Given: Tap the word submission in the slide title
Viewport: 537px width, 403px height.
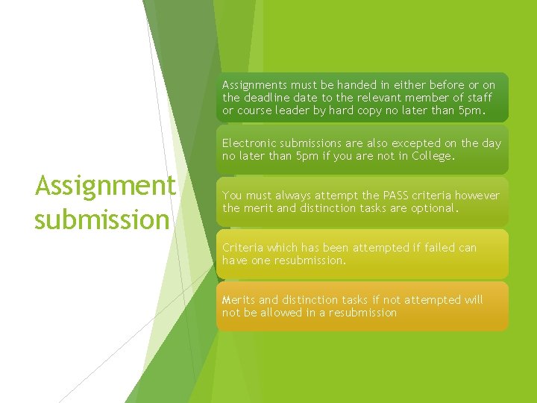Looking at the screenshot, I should pyautogui.click(x=101, y=219).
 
